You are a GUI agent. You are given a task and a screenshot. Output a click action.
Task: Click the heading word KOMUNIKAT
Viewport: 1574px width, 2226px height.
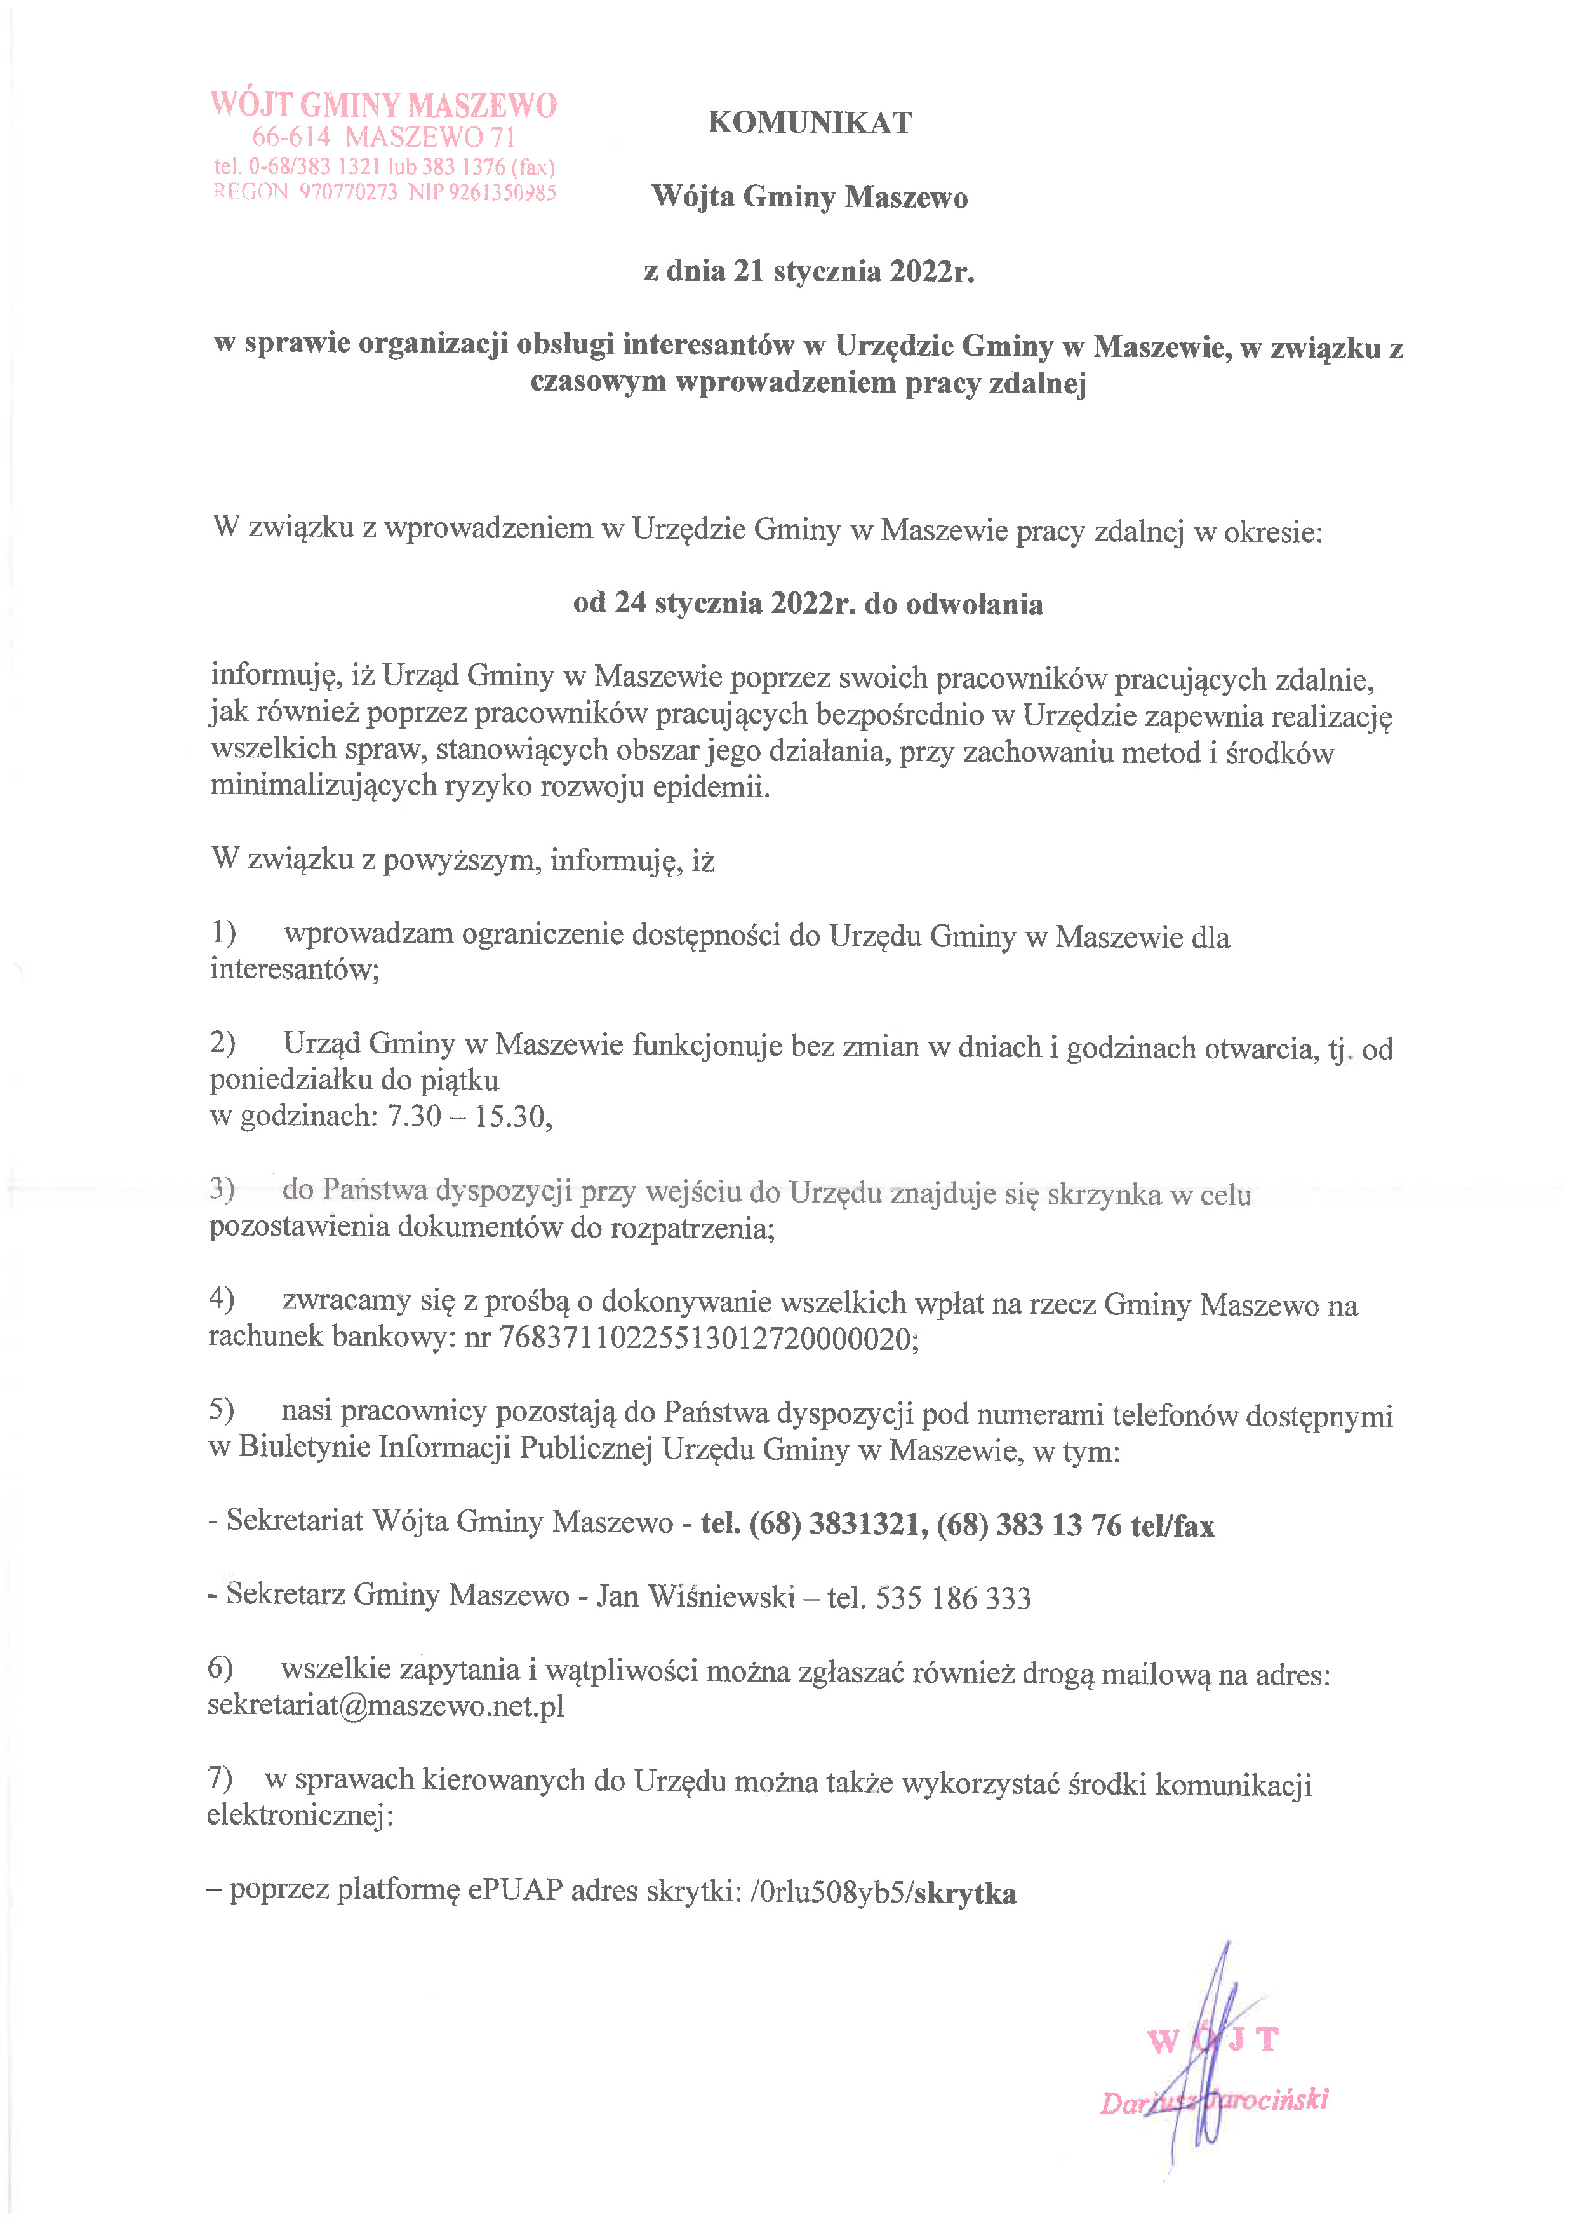click(x=810, y=123)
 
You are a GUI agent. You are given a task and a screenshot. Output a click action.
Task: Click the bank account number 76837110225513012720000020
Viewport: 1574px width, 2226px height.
click(x=707, y=1339)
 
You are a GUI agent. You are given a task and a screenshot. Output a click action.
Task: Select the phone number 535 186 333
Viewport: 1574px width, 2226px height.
click(x=953, y=1597)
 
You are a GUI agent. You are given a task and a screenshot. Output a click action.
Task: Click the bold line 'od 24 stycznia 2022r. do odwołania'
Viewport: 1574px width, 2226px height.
click(x=808, y=604)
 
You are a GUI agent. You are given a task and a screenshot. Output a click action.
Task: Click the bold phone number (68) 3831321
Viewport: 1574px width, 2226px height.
click(x=834, y=1524)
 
